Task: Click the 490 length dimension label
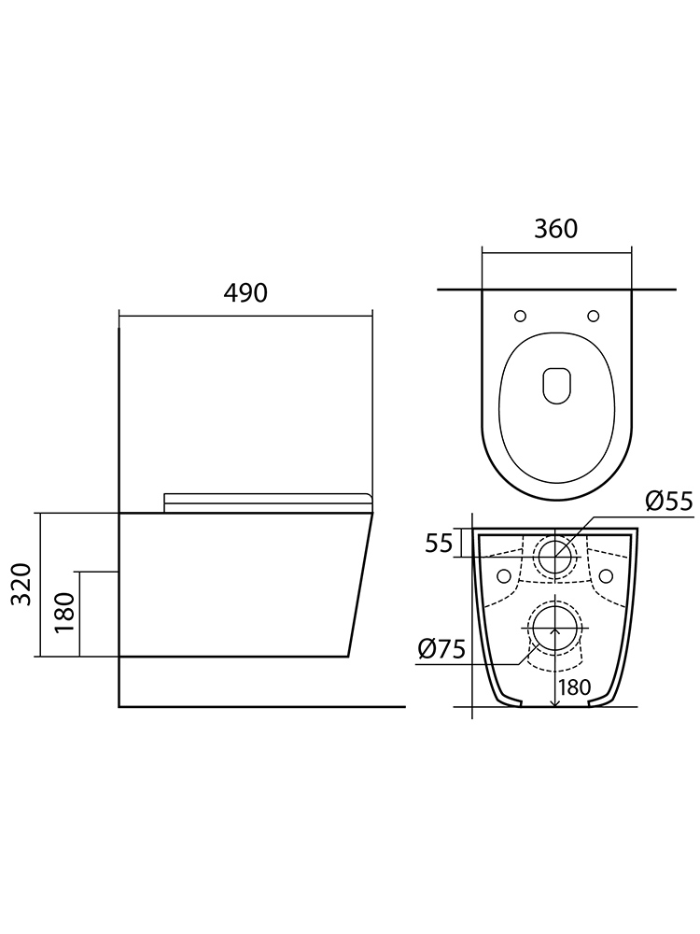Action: tap(245, 292)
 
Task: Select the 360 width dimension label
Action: tap(556, 229)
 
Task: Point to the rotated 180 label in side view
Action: tap(64, 613)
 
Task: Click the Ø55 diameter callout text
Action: tap(669, 502)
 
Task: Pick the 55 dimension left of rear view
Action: tap(439, 543)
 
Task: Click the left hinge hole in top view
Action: tap(520, 315)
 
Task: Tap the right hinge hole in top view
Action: tap(593, 315)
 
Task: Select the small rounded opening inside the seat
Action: tap(556, 384)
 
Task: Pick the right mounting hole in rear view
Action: tap(606, 574)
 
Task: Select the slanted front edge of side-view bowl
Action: tap(360, 585)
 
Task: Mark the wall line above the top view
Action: tap(556, 290)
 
